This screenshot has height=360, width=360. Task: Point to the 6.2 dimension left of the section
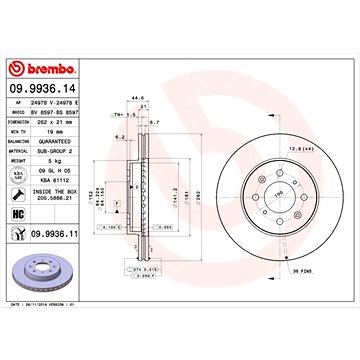click(x=119, y=136)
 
